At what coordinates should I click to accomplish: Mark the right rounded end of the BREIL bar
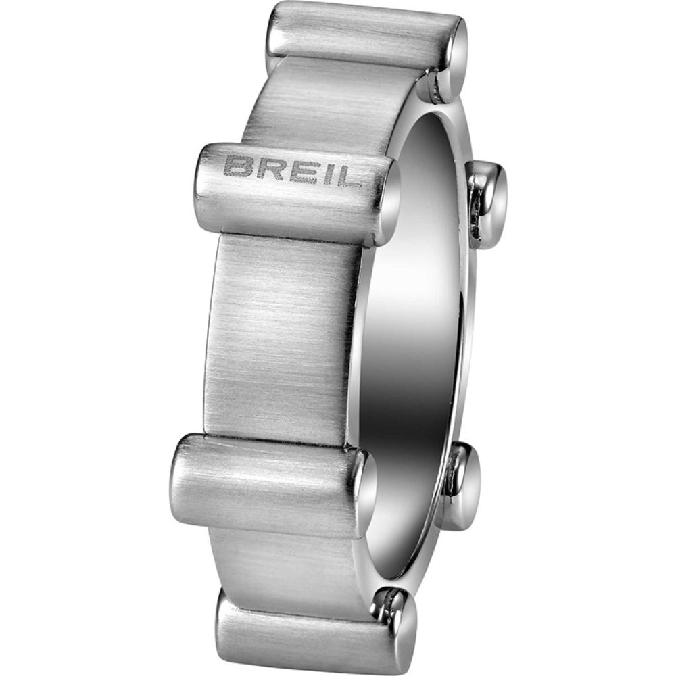[384, 203]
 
